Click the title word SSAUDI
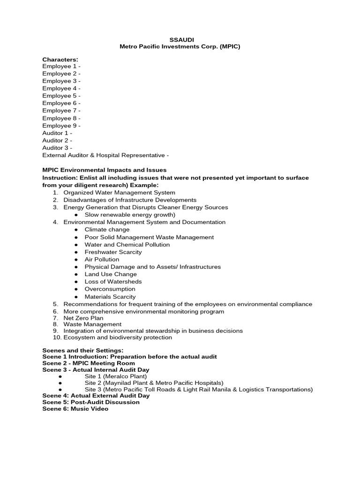(180, 40)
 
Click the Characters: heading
(60, 59)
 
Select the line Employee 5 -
(61, 96)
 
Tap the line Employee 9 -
(61, 126)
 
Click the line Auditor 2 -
(57, 140)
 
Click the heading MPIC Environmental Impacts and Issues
(104, 170)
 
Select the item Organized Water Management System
(119, 193)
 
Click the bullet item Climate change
(107, 230)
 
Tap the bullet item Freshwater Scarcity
(113, 252)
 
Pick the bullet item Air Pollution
(102, 259)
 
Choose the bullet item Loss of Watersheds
(113, 282)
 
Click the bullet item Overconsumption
(110, 289)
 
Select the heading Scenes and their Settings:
(83, 350)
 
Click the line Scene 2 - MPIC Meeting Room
(88, 363)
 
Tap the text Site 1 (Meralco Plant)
(115, 376)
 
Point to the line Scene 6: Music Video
(75, 409)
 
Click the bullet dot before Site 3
(61, 390)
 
